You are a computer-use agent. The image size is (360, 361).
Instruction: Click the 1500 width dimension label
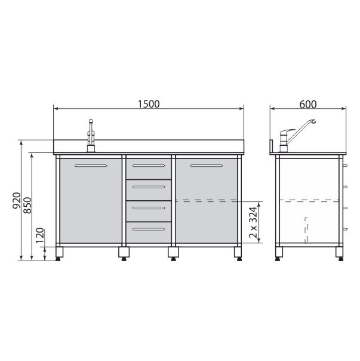click(x=149, y=104)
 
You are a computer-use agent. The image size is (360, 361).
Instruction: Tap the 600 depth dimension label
click(x=308, y=105)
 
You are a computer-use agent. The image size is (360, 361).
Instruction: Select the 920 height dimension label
click(x=17, y=201)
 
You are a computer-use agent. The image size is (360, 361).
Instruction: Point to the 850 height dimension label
click(x=27, y=206)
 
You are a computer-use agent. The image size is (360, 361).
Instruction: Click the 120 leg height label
click(x=40, y=235)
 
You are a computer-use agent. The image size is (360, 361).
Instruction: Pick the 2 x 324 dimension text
click(x=253, y=222)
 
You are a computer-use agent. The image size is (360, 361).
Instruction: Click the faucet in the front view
click(x=91, y=136)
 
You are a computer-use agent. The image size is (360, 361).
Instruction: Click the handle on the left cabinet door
click(x=91, y=166)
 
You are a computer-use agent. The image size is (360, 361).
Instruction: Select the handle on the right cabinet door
click(x=207, y=166)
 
